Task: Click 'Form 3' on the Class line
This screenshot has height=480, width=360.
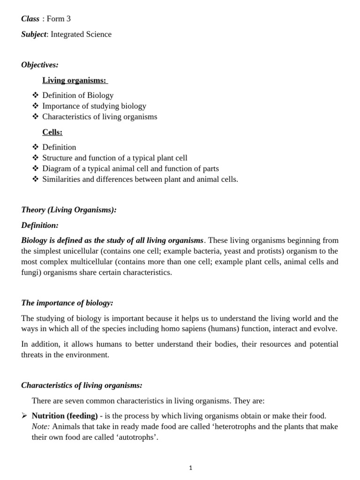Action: tap(59, 19)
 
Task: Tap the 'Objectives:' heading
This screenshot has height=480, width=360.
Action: tap(40, 65)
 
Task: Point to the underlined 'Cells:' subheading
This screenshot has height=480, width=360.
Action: tap(52, 132)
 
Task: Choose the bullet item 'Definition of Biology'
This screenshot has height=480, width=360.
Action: tap(78, 95)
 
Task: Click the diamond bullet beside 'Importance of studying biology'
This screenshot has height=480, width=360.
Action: tap(36, 106)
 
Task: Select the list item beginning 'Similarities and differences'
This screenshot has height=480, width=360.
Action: tap(140, 179)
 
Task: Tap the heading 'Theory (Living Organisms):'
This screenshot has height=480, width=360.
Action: tap(69, 210)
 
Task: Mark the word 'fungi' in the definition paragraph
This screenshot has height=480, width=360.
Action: tap(30, 272)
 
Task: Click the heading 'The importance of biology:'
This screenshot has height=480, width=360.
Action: tap(67, 303)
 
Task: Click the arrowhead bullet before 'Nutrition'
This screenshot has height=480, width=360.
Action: tap(24, 416)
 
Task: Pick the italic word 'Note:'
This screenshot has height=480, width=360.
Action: tap(41, 427)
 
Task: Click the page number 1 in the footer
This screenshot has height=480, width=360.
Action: tap(191, 468)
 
